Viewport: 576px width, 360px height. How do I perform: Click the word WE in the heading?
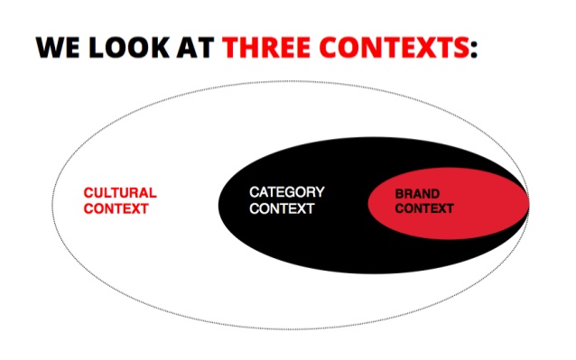pos(57,47)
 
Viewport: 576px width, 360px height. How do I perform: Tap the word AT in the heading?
pos(195,47)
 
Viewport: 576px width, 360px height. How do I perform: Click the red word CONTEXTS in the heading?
pos(395,47)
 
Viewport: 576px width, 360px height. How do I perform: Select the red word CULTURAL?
pos(120,193)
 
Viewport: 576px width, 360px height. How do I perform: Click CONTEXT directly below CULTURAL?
pos(116,208)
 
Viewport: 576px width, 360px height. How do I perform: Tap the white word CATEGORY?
pos(287,192)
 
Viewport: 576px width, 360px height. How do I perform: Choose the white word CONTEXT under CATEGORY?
pos(282,208)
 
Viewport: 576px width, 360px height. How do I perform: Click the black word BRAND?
pos(417,193)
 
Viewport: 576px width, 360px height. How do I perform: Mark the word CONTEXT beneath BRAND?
pos(424,208)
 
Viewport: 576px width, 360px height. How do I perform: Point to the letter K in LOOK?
pos(160,47)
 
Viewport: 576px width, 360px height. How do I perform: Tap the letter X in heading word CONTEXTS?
pos(423,47)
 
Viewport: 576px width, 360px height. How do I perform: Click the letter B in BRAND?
pos(399,193)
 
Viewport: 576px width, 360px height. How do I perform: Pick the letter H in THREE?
pos(249,47)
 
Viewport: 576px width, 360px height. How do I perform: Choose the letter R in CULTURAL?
pos(132,193)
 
